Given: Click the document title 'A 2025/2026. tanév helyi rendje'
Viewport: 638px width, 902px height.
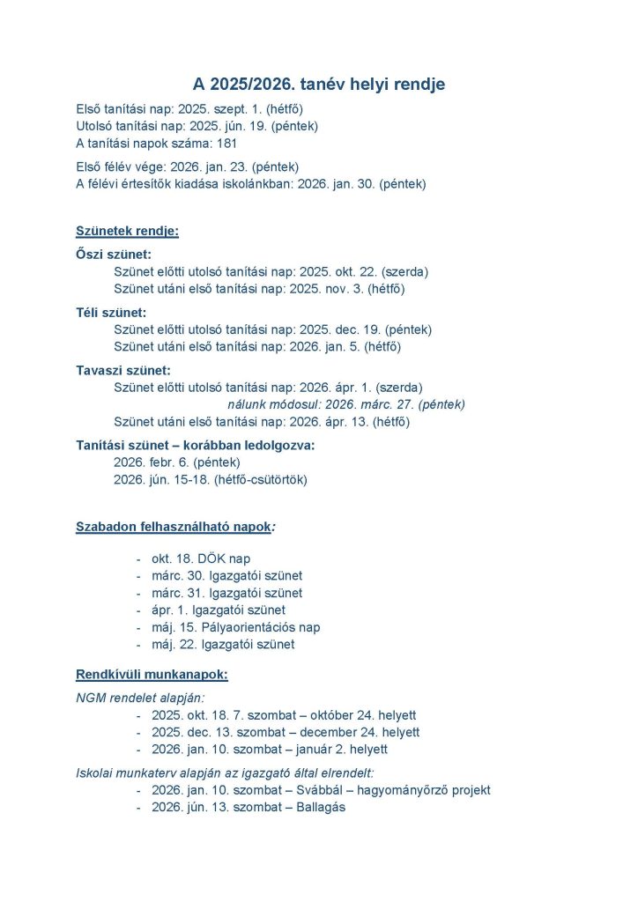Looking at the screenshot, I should pyautogui.click(x=319, y=85).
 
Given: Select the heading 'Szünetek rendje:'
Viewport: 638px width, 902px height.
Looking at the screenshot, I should pyautogui.click(x=127, y=232).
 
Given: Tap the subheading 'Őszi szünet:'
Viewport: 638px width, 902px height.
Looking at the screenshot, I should pyautogui.click(x=114, y=255).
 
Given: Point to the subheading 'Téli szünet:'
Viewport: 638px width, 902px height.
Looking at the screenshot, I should pyautogui.click(x=111, y=312).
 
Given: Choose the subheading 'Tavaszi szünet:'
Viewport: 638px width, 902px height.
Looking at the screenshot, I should pyautogui.click(x=123, y=370).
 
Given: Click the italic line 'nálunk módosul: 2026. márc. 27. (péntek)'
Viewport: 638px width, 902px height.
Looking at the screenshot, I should pyautogui.click(x=346, y=404).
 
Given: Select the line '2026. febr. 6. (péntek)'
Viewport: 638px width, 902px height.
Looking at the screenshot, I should pyautogui.click(x=177, y=462).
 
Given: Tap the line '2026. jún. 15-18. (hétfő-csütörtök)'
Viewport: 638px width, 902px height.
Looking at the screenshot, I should pyautogui.click(x=211, y=480).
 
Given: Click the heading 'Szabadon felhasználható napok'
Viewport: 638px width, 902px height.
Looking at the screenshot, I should pyautogui.click(x=174, y=528).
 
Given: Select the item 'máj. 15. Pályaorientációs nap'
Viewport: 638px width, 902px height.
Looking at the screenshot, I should pyautogui.click(x=235, y=627).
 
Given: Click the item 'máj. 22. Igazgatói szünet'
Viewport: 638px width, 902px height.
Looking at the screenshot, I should pyautogui.click(x=223, y=645).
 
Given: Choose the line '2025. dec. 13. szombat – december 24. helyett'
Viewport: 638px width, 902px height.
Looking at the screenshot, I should pyautogui.click(x=286, y=732).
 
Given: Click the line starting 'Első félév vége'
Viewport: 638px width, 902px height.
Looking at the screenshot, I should pyautogui.click(x=188, y=166).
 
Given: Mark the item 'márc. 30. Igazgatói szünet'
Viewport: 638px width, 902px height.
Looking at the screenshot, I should pyautogui.click(x=226, y=576).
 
